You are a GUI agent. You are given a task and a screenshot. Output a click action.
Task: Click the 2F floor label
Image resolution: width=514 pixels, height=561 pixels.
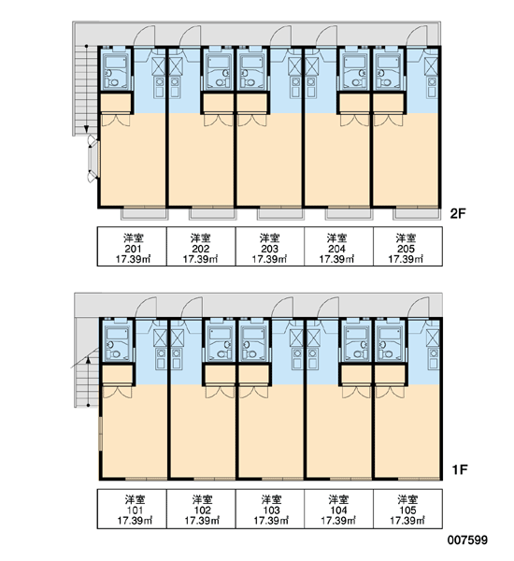458,213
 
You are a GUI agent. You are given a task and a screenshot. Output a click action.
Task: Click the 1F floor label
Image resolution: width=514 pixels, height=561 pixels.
460,469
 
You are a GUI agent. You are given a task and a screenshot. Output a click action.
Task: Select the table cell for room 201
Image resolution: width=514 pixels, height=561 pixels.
132,246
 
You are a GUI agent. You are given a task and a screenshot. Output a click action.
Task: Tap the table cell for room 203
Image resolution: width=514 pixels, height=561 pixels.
270,246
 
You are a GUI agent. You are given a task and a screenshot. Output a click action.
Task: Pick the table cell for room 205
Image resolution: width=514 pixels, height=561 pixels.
407,246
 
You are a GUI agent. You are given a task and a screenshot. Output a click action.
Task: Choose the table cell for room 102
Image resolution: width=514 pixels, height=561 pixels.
201,509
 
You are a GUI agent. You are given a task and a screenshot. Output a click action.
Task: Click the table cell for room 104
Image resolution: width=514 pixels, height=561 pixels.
338,509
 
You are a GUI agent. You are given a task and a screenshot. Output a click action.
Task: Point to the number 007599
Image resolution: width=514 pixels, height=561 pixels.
467,539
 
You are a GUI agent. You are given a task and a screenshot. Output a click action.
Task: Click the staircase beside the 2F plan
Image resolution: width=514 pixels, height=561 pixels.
85,91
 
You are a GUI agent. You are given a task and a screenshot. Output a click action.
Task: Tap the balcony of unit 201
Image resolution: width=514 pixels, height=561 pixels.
144,213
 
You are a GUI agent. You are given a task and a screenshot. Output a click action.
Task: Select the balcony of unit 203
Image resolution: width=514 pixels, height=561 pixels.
280,213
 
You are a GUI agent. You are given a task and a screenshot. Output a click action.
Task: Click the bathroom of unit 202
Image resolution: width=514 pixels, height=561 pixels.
218,70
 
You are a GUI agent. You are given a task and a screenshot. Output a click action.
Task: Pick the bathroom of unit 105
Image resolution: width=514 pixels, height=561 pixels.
390,341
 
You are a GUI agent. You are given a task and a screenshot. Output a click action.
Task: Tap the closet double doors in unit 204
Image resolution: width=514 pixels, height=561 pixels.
354,121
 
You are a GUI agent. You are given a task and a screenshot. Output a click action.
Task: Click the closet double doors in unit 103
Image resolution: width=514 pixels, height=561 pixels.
253,392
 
